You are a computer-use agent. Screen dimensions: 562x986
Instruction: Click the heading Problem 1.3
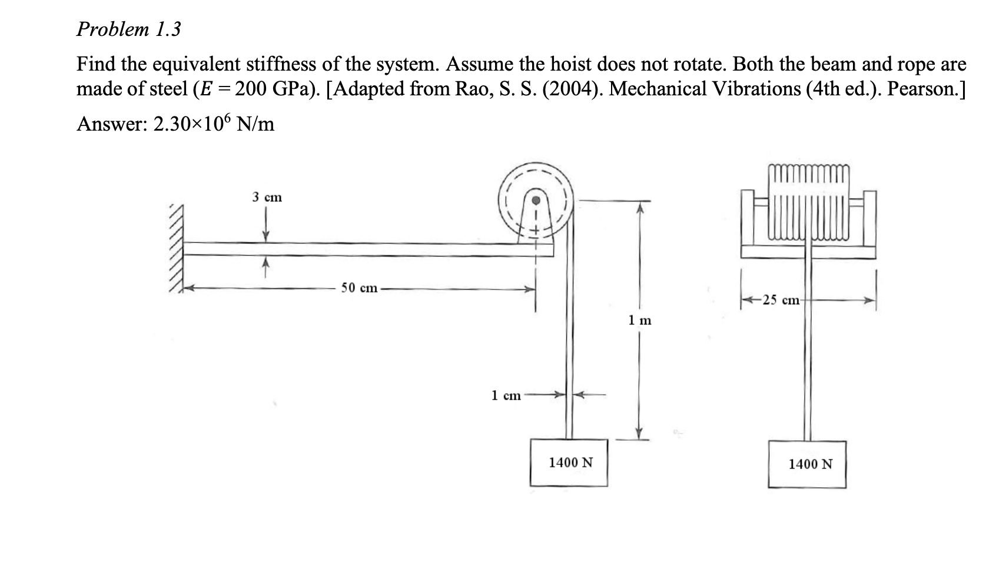(x=128, y=29)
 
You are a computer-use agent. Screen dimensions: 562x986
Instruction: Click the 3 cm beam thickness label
(x=267, y=198)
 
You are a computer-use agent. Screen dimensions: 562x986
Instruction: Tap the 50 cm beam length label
(x=360, y=288)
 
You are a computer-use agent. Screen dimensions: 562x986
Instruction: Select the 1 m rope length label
(x=640, y=321)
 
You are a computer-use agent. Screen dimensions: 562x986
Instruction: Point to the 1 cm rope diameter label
(x=506, y=395)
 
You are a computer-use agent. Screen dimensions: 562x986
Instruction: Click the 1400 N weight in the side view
(x=570, y=463)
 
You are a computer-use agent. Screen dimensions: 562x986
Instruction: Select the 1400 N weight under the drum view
(x=810, y=464)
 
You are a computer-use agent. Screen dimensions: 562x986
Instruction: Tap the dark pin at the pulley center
(x=536, y=199)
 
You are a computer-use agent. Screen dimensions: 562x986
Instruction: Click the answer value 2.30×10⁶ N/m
(x=213, y=124)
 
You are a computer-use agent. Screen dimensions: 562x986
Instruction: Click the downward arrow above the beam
(x=266, y=227)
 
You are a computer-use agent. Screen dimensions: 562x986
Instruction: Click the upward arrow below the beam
(x=266, y=268)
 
